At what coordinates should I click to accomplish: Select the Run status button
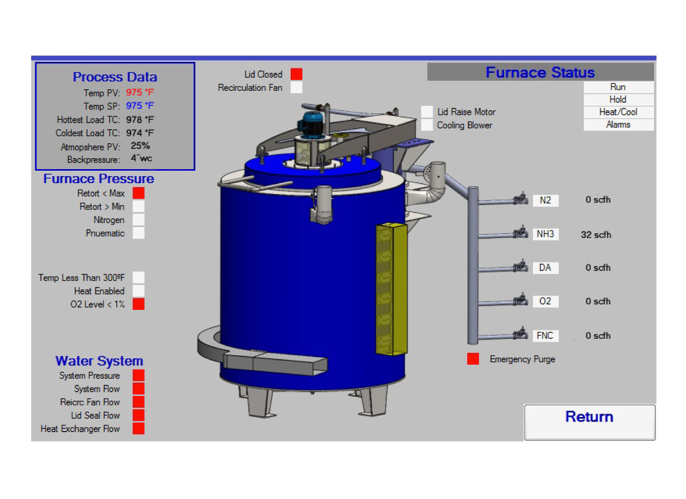pyautogui.click(x=618, y=87)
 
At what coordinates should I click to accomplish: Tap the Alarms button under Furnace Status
pyautogui.click(x=618, y=125)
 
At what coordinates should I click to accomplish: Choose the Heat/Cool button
pyautogui.click(x=618, y=112)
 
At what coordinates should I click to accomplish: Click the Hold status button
pyautogui.click(x=618, y=100)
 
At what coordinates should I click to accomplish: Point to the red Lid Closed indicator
pyautogui.click(x=297, y=74)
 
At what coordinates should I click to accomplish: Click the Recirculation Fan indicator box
pyautogui.click(x=297, y=88)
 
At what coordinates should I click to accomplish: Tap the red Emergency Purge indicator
pyautogui.click(x=473, y=359)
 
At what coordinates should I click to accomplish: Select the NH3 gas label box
pyautogui.click(x=545, y=234)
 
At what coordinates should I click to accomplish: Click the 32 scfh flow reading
pyautogui.click(x=596, y=235)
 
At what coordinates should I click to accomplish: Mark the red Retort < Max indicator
pyautogui.click(x=139, y=193)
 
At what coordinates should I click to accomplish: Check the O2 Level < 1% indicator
pyautogui.click(x=139, y=304)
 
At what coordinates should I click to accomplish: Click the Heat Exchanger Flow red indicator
pyautogui.click(x=139, y=429)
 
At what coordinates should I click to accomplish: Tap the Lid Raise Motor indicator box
pyautogui.click(x=427, y=112)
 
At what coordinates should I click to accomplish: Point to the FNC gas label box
pyautogui.click(x=545, y=336)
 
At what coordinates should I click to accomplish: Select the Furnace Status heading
pyautogui.click(x=540, y=72)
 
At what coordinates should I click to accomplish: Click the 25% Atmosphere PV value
pyautogui.click(x=140, y=146)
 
